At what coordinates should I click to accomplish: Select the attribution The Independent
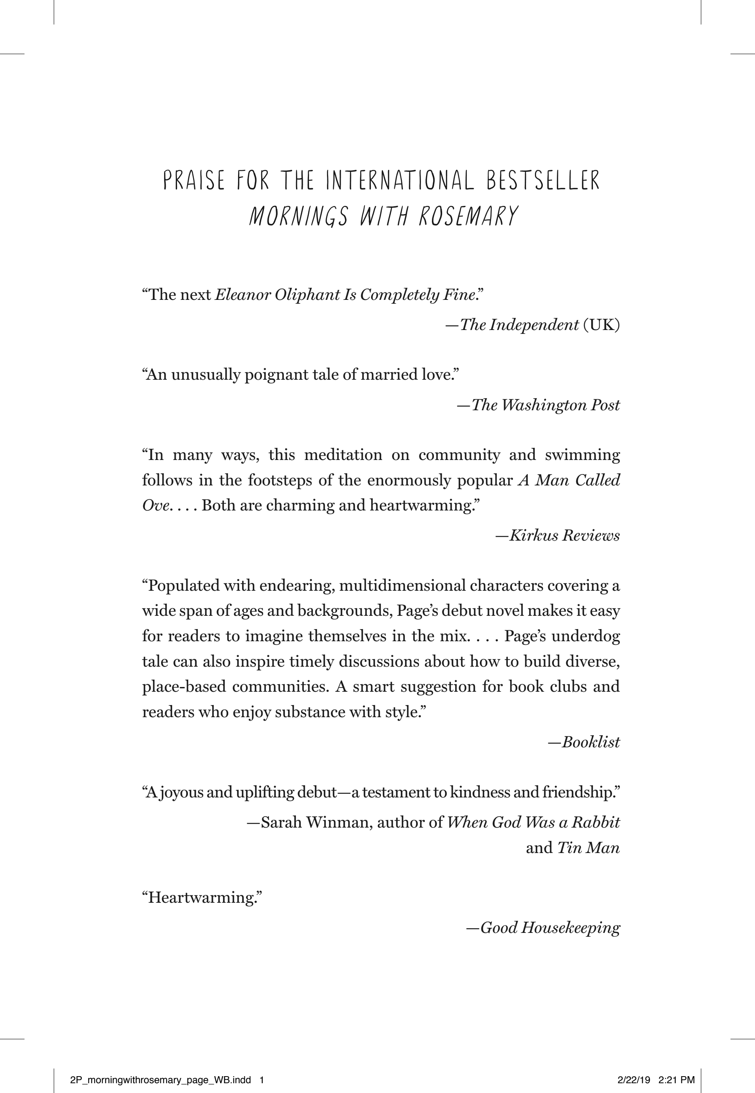point(519,325)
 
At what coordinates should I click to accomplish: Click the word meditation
point(343,455)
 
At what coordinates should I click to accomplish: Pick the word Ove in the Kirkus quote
point(155,505)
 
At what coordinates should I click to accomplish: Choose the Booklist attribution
point(591,742)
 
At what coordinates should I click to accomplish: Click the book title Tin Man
point(589,848)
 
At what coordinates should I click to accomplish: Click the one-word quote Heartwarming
point(202,898)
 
